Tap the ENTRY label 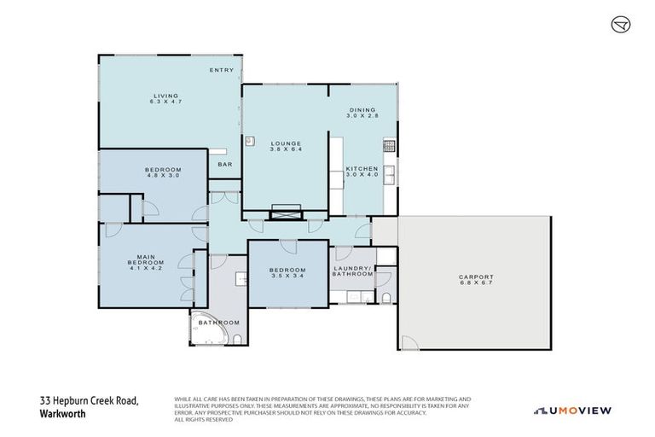pyautogui.click(x=222, y=69)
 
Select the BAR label pyautogui.click(x=225, y=164)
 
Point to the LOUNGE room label pyautogui.click(x=287, y=143)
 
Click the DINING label pyautogui.click(x=362, y=109)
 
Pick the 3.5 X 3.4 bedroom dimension pyautogui.click(x=287, y=277)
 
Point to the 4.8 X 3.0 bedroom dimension pyautogui.click(x=162, y=176)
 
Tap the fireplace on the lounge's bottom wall pyautogui.click(x=285, y=213)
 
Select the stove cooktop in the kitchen pyautogui.click(x=390, y=147)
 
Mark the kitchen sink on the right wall pyautogui.click(x=389, y=174)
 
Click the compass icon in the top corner pyautogui.click(x=619, y=26)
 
